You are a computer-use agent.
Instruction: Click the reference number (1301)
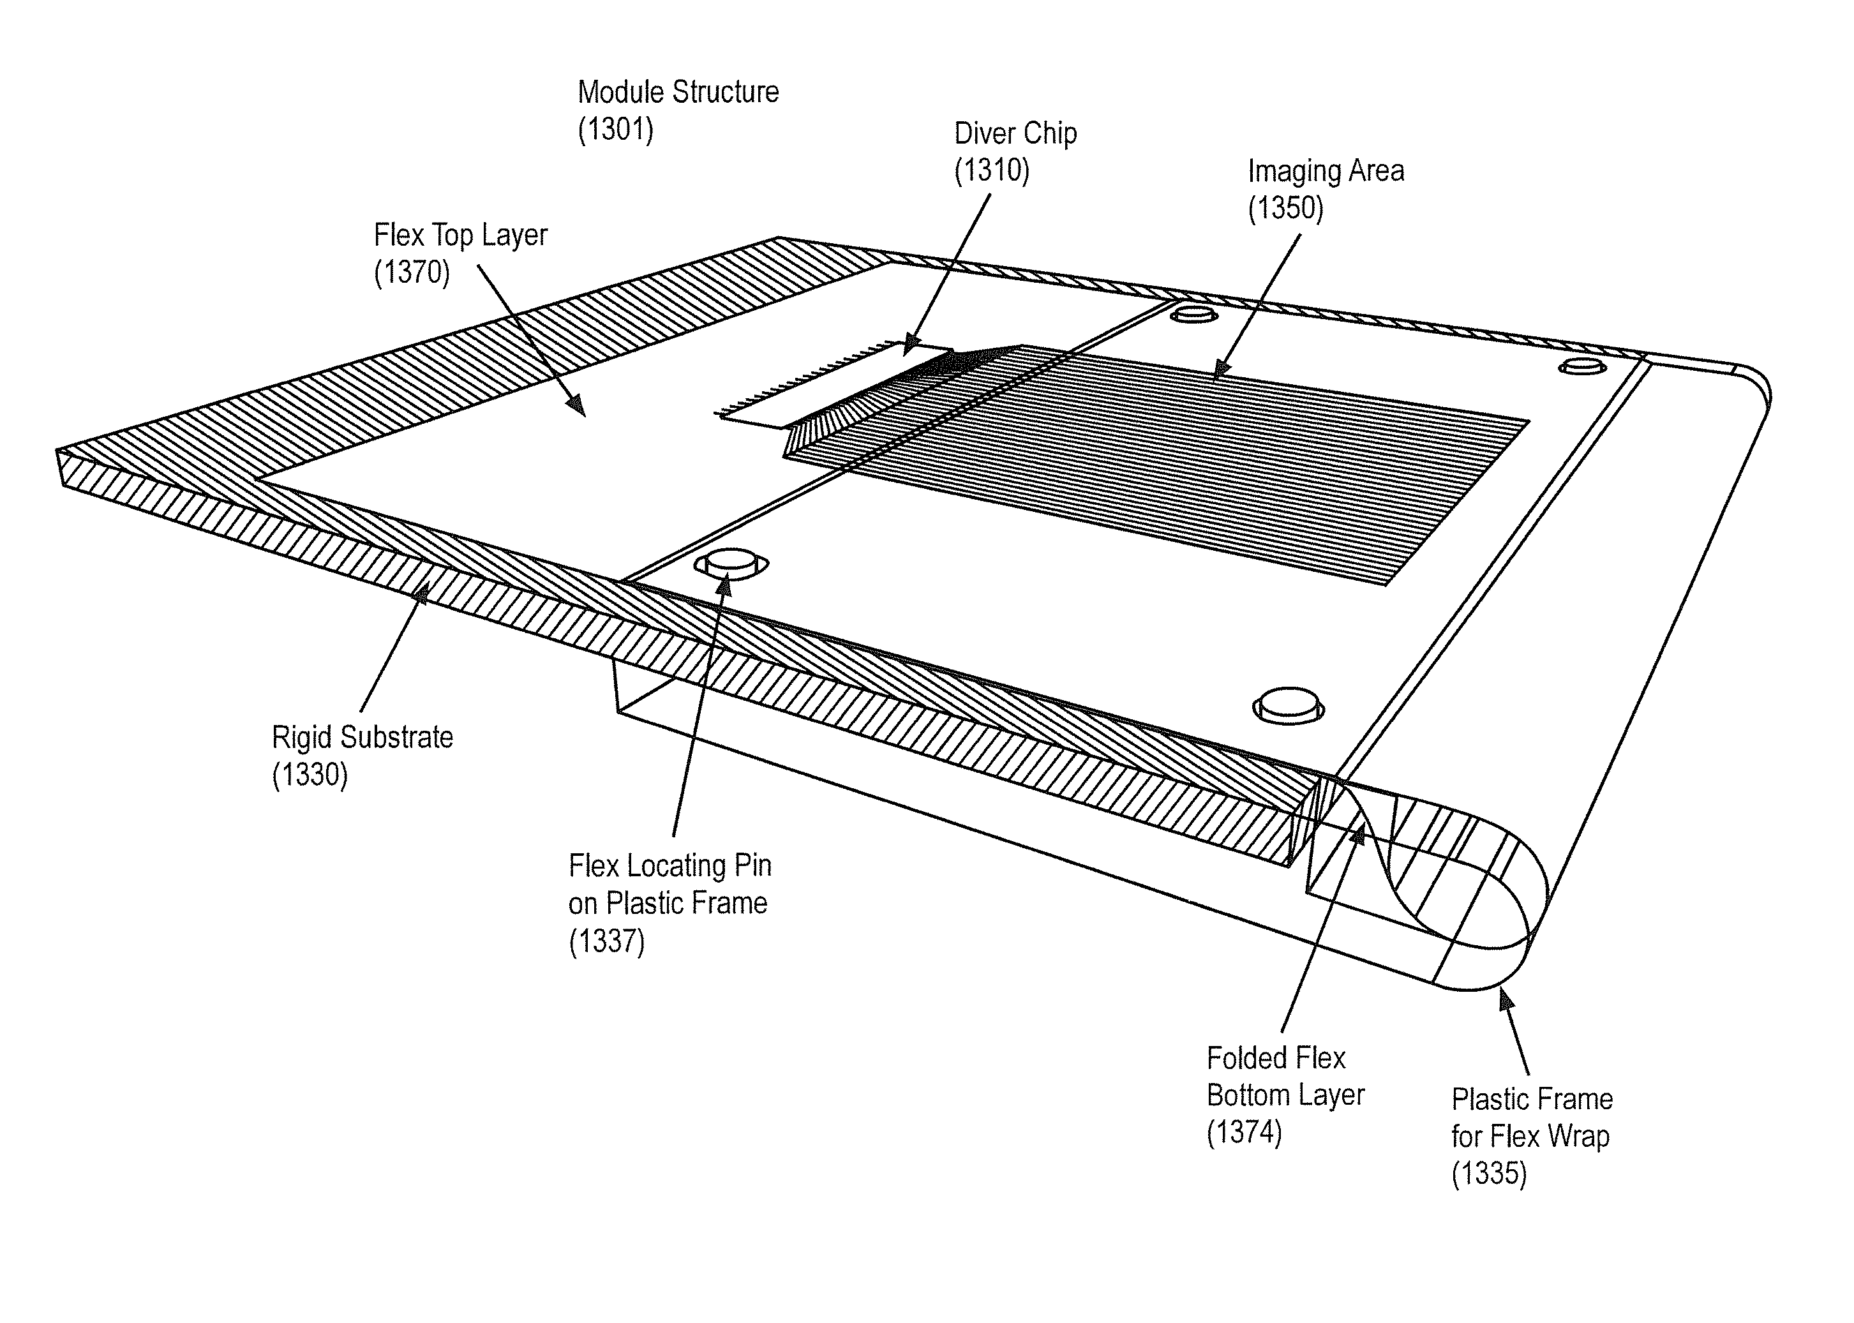click(x=615, y=130)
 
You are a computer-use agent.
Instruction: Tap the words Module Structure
click(x=678, y=92)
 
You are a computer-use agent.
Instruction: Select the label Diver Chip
click(x=1015, y=133)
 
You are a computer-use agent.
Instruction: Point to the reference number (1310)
click(x=991, y=170)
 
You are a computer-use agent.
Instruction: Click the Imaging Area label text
click(x=1326, y=171)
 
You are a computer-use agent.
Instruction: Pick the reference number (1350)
click(x=1285, y=209)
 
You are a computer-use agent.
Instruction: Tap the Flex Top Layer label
click(x=460, y=235)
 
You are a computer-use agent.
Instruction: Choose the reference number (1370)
click(x=412, y=272)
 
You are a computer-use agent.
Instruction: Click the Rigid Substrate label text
click(x=363, y=737)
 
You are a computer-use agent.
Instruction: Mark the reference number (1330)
click(x=310, y=775)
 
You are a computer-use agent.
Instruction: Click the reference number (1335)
click(x=1489, y=1174)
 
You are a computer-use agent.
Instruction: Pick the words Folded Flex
click(x=1276, y=1058)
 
